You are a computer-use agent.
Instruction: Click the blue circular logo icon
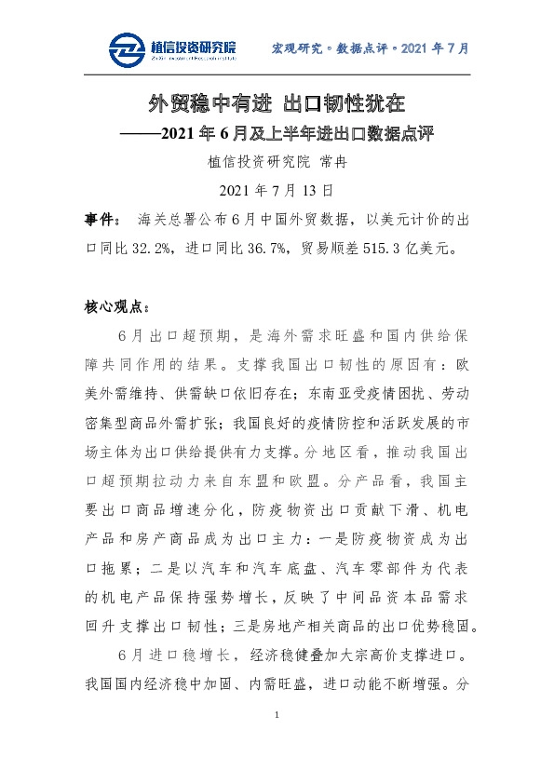tap(127, 49)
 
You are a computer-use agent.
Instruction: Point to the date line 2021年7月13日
tap(276, 191)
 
